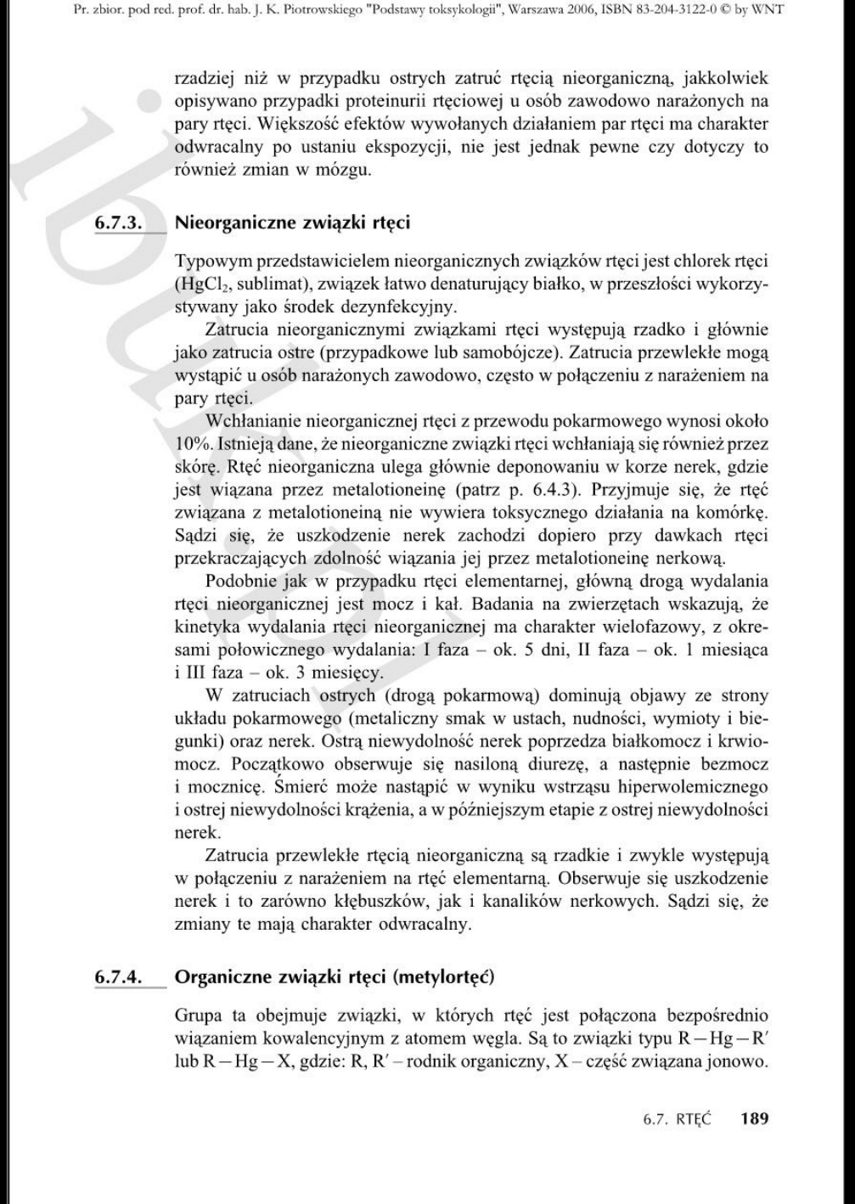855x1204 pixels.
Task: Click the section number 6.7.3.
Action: pos(117,223)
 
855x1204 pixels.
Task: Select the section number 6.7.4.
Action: pos(117,976)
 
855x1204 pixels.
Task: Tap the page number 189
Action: pos(753,1118)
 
